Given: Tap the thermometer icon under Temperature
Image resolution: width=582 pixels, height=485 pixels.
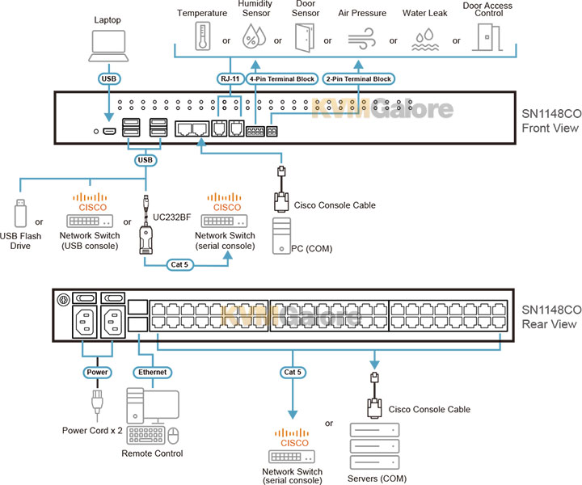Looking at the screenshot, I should (x=200, y=36).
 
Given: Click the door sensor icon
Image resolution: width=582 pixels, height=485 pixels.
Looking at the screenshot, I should (x=303, y=36).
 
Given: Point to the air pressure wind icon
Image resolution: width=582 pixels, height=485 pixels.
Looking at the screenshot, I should (x=361, y=37).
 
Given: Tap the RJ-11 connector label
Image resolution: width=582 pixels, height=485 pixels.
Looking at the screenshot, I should (x=230, y=79).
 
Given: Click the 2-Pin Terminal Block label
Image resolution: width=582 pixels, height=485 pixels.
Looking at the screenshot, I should (x=357, y=79).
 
